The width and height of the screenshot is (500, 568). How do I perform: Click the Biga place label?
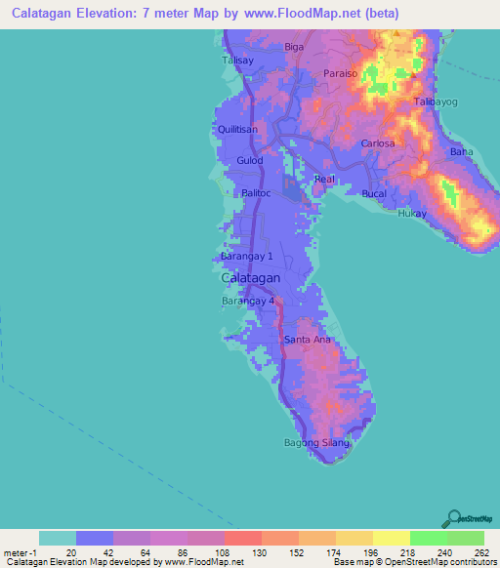pos(294,46)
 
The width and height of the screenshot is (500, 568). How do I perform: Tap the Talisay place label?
pos(237,60)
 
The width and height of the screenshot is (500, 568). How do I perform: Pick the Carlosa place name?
pos(378,143)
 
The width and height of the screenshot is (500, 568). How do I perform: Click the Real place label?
pos(324,179)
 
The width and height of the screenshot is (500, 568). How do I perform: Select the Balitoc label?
pos(256,194)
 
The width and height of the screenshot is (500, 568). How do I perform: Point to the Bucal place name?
pos(375,194)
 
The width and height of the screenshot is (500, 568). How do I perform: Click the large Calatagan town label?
pos(252,278)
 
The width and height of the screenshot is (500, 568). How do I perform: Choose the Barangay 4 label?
pos(247,301)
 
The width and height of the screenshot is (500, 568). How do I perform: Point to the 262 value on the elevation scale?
pos(481,553)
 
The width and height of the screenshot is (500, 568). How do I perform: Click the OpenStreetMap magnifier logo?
pos(454,518)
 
